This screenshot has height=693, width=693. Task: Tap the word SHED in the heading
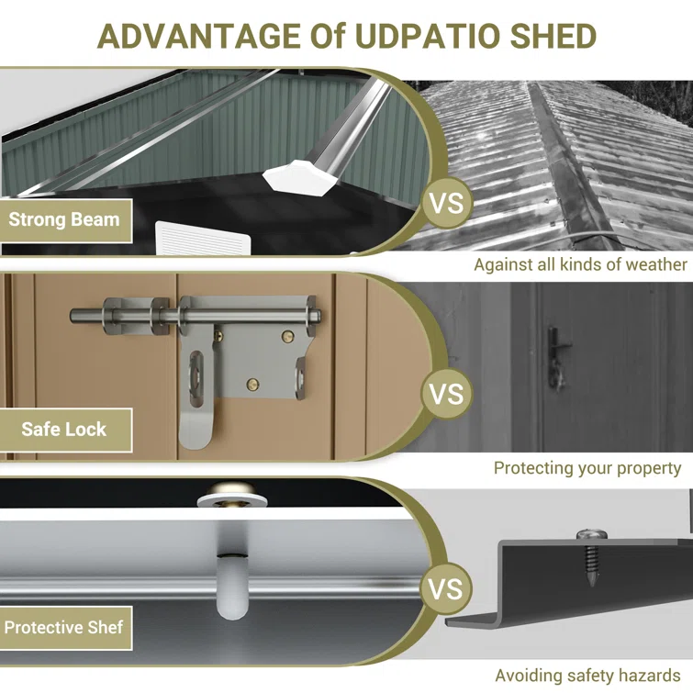pos(553,36)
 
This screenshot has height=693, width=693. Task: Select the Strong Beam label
pos(64,219)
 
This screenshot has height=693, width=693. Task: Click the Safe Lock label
pos(64,430)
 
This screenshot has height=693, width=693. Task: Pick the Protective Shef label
pos(64,628)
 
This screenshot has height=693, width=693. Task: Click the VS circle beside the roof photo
pos(446,203)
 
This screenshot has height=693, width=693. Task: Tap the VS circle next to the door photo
pos(446,394)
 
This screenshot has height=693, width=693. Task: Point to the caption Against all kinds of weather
pos(580,264)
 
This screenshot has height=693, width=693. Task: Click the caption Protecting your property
pos(587,468)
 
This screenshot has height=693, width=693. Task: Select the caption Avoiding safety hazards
pos(587,676)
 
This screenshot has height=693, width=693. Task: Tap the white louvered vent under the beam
pos(203,239)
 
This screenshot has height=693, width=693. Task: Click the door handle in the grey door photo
pos(556,358)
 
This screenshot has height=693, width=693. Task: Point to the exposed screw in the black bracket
pos(592,557)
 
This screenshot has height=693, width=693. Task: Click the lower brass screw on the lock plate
pos(252,384)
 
